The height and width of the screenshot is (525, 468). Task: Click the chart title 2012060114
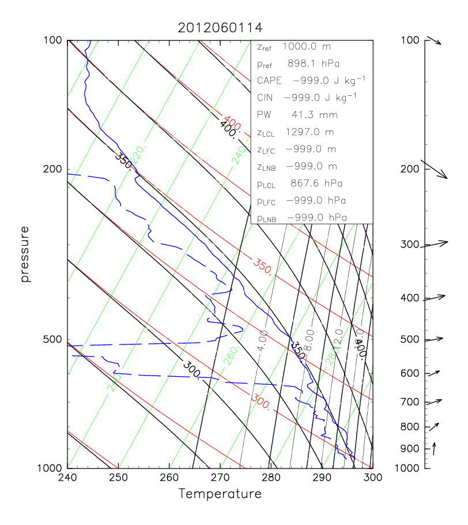pyautogui.click(x=219, y=28)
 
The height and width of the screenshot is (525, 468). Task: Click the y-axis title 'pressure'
pyautogui.click(x=25, y=254)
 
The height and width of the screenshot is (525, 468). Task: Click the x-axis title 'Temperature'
pyautogui.click(x=220, y=494)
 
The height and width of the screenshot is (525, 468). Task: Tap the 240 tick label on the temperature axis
pyautogui.click(x=67, y=478)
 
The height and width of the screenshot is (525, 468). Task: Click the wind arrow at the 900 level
pyautogui.click(x=434, y=448)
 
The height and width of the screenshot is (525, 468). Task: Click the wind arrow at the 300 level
pyautogui.click(x=435, y=244)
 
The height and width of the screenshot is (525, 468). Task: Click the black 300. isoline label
pyautogui.click(x=191, y=369)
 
